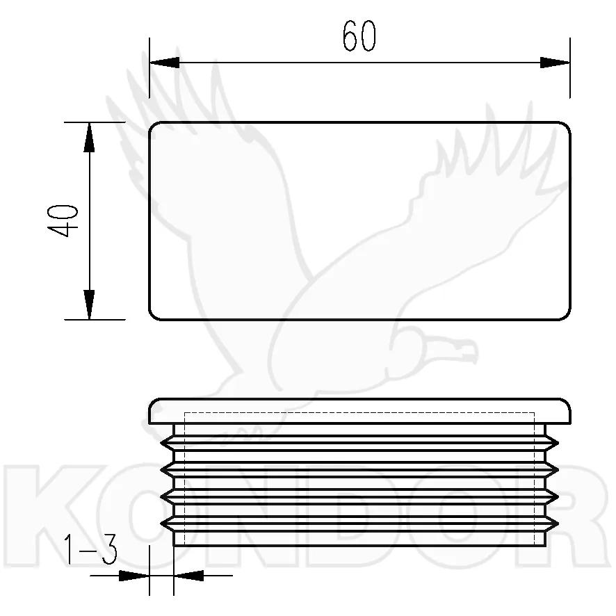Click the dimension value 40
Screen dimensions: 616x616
(63, 221)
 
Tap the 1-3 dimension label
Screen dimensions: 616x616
(90, 549)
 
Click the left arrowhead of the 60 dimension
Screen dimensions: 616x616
(165, 63)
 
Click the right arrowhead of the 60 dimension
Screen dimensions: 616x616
(555, 63)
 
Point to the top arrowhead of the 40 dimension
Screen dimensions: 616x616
(90, 137)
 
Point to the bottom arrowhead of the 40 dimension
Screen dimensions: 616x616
(90, 305)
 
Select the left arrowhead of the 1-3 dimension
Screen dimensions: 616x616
(134, 576)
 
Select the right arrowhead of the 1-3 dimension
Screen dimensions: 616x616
(189, 576)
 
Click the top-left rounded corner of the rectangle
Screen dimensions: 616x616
(153, 126)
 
